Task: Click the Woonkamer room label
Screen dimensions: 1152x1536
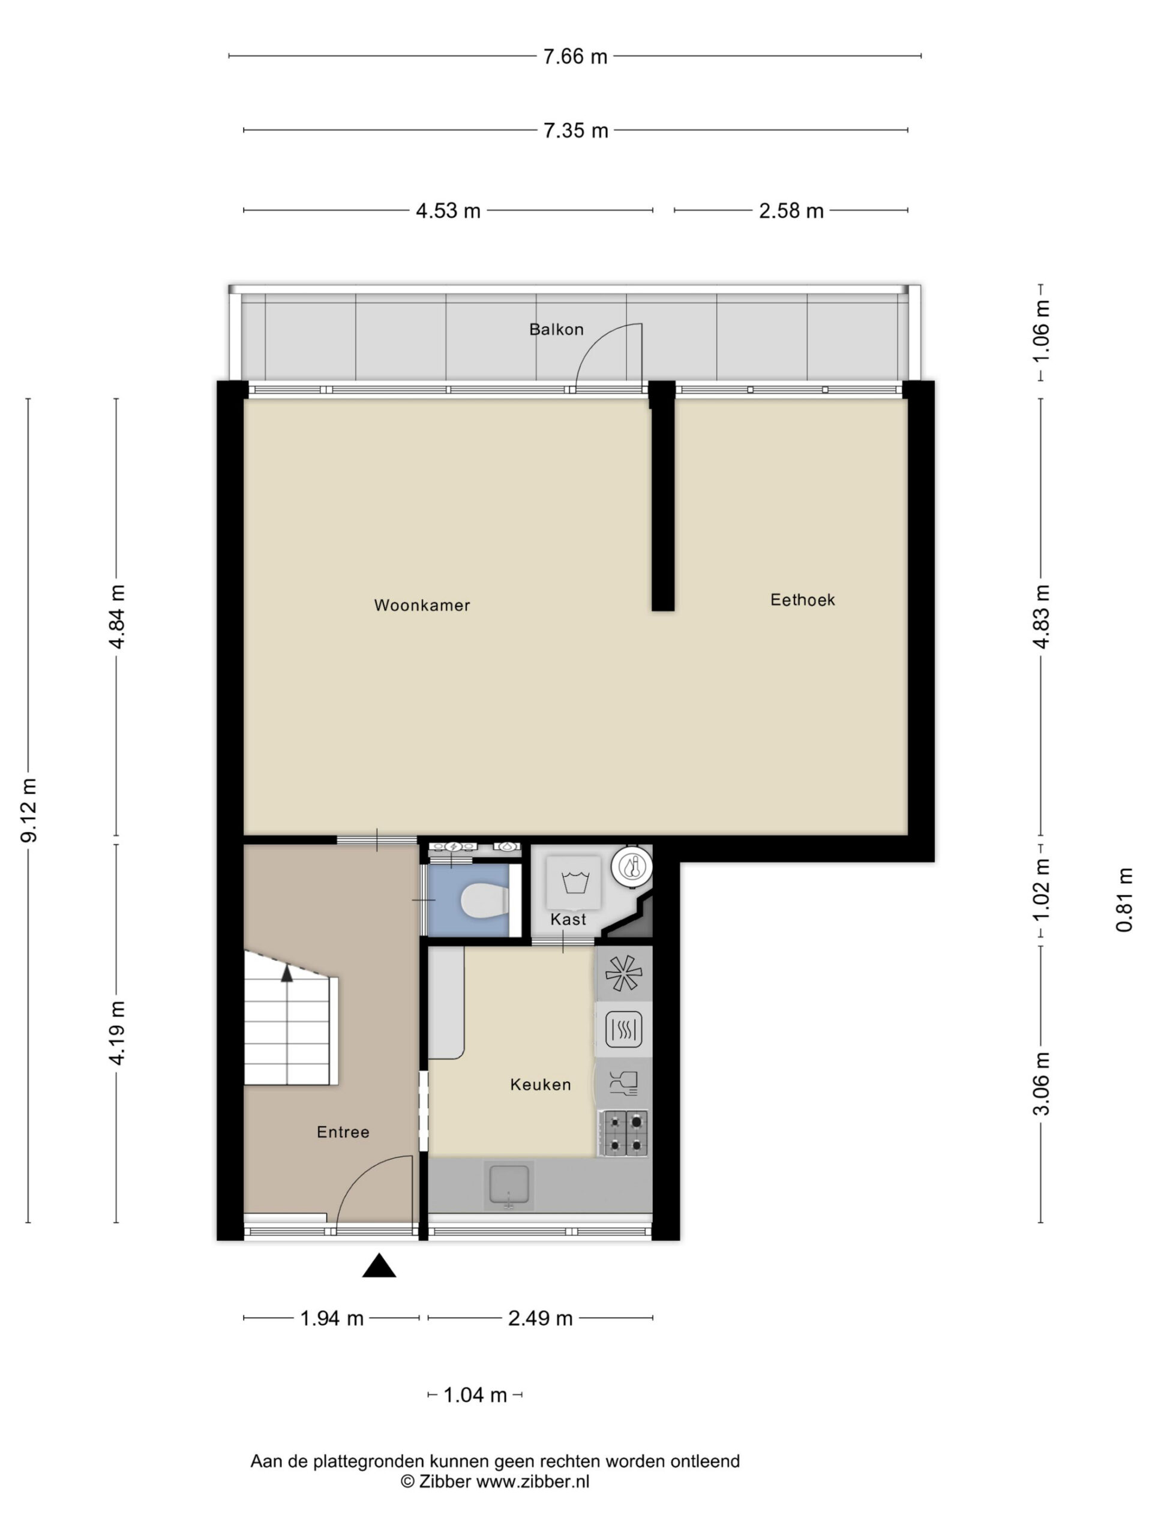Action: (421, 605)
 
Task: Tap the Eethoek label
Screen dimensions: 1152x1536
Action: (802, 599)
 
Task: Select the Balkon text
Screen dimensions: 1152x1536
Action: (556, 329)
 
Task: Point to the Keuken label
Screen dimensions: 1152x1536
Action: (540, 1085)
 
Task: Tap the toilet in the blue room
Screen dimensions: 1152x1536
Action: (484, 901)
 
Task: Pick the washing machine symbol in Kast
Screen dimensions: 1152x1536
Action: (574, 883)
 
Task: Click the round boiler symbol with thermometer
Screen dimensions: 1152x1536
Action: (631, 867)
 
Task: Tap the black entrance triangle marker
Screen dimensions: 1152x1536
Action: (379, 1266)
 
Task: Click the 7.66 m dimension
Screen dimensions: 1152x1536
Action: (575, 56)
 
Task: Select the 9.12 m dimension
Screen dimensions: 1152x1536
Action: (29, 811)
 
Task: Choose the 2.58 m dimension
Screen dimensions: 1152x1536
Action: (791, 211)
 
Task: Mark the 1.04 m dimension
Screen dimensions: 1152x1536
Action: (475, 1395)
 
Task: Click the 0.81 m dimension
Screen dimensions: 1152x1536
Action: (1124, 900)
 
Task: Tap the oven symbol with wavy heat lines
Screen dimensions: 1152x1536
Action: (623, 1029)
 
